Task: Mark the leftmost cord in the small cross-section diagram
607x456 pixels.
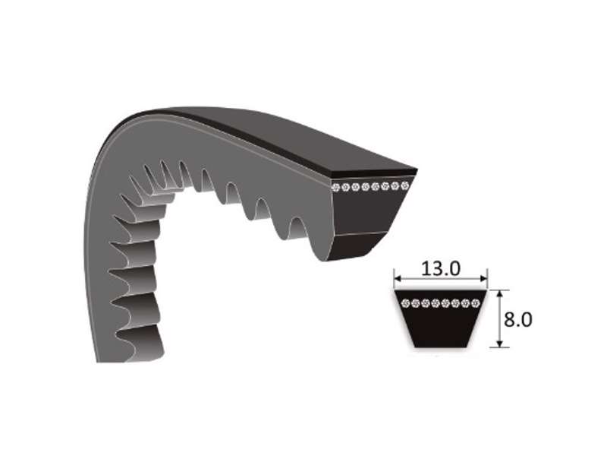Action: [405, 303]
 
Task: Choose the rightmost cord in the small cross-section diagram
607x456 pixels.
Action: [475, 303]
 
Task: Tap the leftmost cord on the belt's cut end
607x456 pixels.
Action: [337, 188]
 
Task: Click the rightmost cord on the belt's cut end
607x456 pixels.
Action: [405, 185]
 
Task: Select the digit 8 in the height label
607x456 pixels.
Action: [509, 318]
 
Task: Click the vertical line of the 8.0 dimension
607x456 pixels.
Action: [498, 319]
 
